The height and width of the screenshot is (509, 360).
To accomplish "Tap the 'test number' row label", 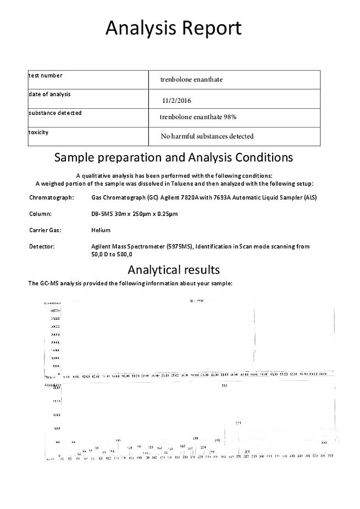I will pos(46,75).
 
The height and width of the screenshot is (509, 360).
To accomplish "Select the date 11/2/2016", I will pos(176,101).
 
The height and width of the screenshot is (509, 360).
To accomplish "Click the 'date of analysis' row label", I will pos(49,94).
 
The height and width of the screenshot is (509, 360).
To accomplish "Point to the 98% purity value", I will pos(230,117).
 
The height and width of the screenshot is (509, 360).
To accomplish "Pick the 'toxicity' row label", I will pos(38,132).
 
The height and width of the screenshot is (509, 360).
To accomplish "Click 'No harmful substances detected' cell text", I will pos(207,136).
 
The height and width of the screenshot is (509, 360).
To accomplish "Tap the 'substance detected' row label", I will pos(55,113).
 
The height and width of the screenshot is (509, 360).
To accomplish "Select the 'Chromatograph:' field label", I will pos(51,197).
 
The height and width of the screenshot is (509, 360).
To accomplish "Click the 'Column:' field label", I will pos(40,213).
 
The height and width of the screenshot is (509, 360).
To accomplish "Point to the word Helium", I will pos(101,230).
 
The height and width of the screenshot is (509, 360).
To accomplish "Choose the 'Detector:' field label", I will pos(42,247).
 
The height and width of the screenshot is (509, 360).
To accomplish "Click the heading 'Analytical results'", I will pos(174,270).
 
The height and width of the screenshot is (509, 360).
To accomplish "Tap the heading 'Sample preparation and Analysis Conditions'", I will pos(174,158).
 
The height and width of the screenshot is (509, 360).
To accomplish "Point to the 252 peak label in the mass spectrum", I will pos(224,385).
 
